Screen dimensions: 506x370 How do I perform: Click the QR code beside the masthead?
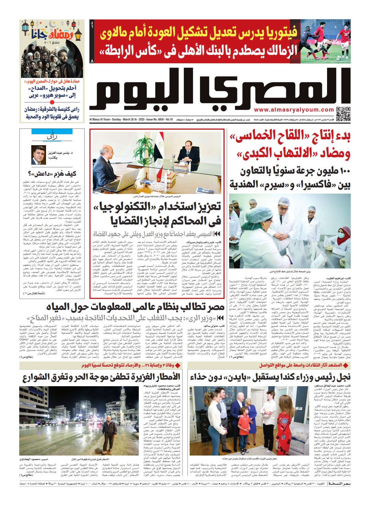(343, 114)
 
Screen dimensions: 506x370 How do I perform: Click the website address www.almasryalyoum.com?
(294, 110)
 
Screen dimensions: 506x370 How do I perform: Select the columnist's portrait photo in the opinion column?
(39, 155)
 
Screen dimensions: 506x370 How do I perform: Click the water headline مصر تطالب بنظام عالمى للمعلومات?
(135, 306)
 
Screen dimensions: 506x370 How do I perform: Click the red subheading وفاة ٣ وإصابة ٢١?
(160, 365)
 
